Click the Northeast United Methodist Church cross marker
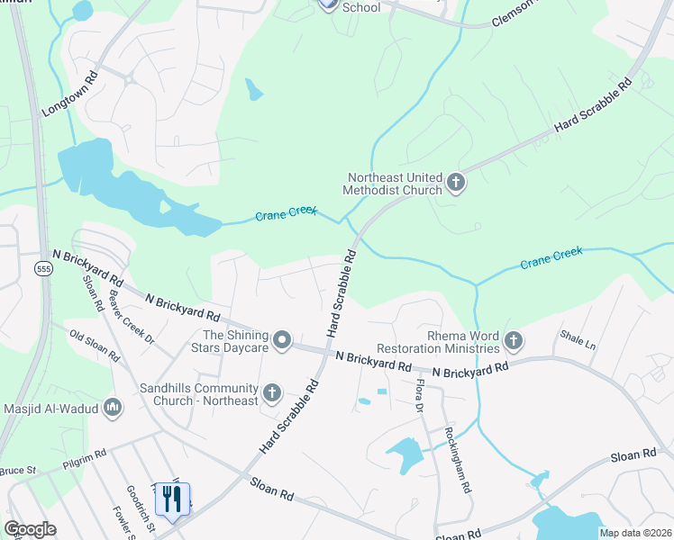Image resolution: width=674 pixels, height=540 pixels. coord(456,184)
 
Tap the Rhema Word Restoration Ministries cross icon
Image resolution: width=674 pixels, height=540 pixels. coord(514,340)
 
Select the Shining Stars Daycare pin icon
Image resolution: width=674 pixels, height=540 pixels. coord(282,340)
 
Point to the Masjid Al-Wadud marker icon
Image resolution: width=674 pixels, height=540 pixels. coord(114,409)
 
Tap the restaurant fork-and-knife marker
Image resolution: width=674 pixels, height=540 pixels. coord(171,499)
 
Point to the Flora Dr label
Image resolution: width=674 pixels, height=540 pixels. coord(419,396)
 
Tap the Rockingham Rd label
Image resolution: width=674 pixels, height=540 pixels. coord(458,459)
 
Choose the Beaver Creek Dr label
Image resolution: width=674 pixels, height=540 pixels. coord(132,315)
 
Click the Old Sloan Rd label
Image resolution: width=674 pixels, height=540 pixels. coord(95,345)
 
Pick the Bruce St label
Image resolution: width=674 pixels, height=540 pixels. coord(17,470)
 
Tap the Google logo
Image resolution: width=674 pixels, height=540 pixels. coord(30,529)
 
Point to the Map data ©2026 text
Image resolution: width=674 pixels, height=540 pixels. coord(634,533)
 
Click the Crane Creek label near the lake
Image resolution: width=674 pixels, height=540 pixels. coord(286,214)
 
